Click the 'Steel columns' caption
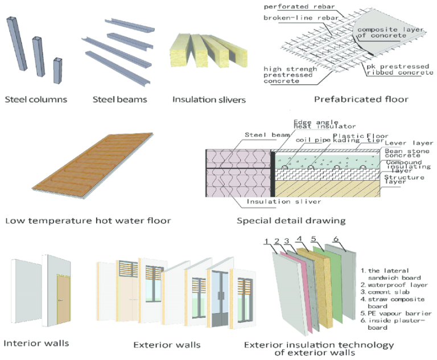click(36, 99)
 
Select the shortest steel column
click(57, 70)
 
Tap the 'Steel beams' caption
click(120, 99)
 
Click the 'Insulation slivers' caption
click(209, 99)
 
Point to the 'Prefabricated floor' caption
click(361, 99)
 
